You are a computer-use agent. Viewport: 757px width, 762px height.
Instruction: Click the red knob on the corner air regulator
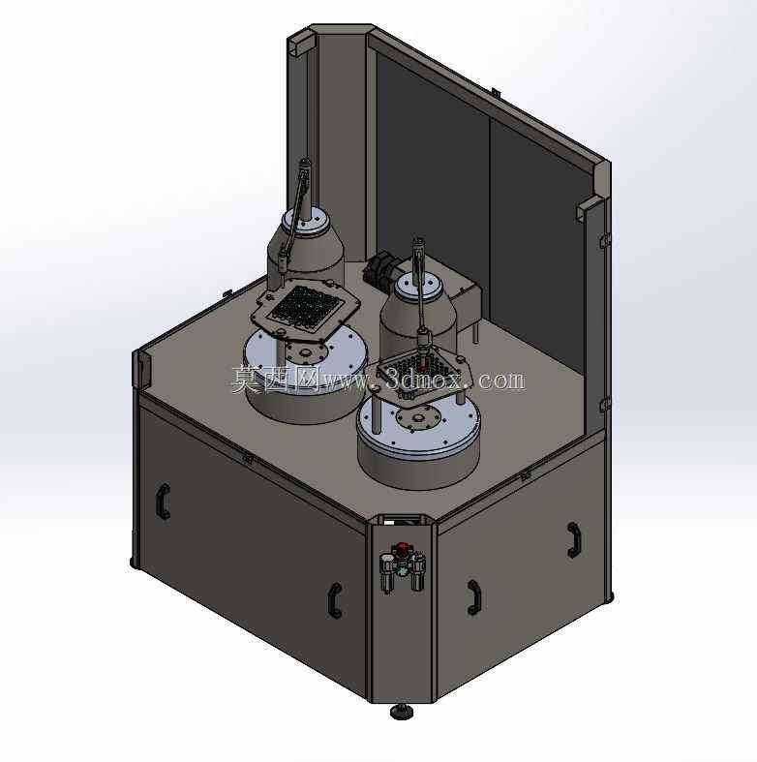coord(403,549)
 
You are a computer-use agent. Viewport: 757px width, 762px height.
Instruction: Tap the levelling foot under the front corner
coord(402,712)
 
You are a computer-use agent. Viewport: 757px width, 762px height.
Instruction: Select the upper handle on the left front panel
coord(164,501)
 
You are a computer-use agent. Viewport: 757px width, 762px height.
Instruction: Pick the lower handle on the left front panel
coord(335,600)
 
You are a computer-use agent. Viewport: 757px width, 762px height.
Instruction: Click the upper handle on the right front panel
coord(574,539)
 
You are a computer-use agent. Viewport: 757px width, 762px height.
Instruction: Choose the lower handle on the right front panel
coord(474,597)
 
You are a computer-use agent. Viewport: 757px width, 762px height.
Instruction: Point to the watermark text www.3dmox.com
coord(424,380)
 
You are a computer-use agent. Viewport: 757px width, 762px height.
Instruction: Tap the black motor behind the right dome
coord(380,272)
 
